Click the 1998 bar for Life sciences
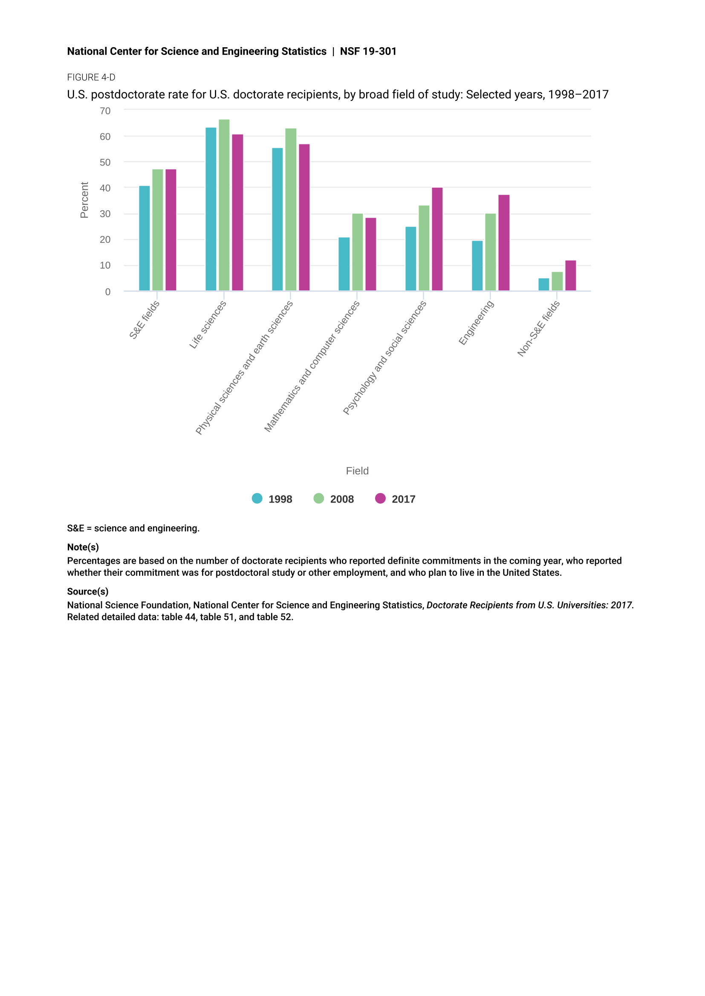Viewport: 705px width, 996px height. tap(211, 209)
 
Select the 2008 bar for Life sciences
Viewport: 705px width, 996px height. tap(224, 205)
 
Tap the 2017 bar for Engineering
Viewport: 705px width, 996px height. tap(503, 243)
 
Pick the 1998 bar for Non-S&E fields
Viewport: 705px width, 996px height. tap(543, 284)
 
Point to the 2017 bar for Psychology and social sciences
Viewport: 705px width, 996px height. tap(437, 239)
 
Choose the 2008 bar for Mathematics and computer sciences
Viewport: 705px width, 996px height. tap(357, 252)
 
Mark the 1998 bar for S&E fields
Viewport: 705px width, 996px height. tap(144, 238)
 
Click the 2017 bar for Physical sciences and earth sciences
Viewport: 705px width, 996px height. tap(304, 217)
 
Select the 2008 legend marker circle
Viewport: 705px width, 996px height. tap(319, 499)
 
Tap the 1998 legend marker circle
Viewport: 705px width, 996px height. tap(257, 499)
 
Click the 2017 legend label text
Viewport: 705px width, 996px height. tap(403, 499)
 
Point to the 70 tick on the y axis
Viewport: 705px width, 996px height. tap(105, 111)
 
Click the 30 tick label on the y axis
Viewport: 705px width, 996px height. tap(105, 214)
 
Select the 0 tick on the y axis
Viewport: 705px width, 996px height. tap(108, 292)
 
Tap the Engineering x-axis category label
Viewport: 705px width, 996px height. tap(476, 323)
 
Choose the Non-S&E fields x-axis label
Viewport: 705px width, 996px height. tap(538, 329)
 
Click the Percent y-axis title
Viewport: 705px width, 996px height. tap(84, 200)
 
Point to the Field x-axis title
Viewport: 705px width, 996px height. tap(357, 471)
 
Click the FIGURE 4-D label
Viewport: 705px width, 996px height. tap(91, 77)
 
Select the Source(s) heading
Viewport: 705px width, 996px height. tap(88, 592)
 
